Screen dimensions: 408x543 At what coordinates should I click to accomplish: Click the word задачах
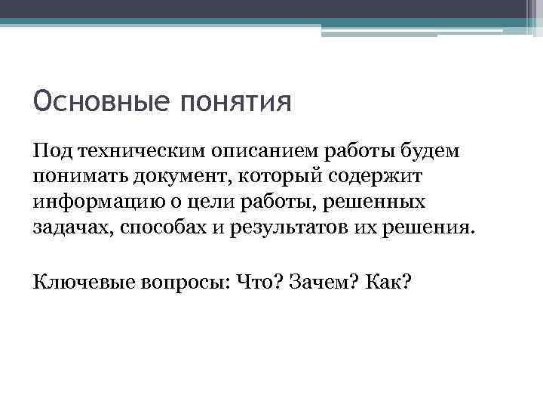[x=70, y=228]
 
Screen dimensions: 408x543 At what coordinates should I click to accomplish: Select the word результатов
[x=289, y=228]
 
